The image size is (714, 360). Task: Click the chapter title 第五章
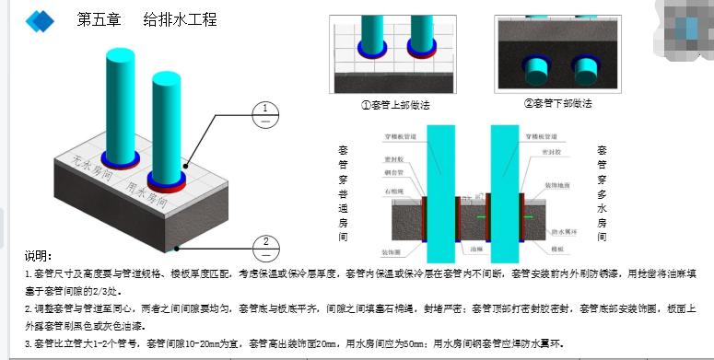(x=97, y=19)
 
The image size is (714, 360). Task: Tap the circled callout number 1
(x=265, y=113)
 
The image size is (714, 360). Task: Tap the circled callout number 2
(x=265, y=246)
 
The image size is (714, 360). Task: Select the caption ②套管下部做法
(x=557, y=104)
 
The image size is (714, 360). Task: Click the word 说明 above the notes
(x=38, y=256)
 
